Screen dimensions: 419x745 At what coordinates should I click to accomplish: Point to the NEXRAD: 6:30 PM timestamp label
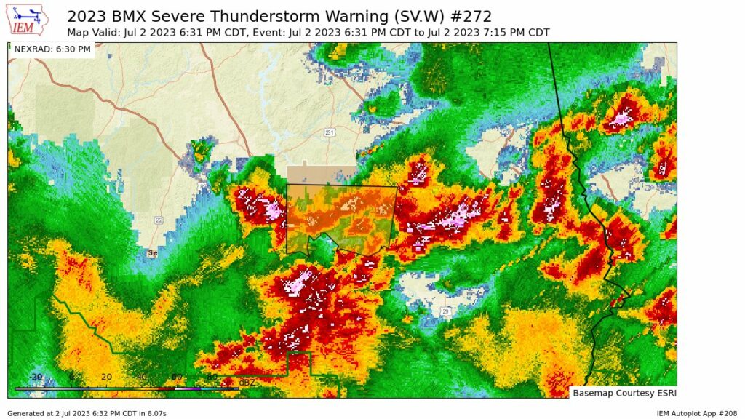pyautogui.click(x=52, y=49)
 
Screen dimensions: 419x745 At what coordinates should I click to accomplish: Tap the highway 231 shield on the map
pyautogui.click(x=330, y=132)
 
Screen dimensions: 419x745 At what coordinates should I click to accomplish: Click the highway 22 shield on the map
pyautogui.click(x=158, y=220)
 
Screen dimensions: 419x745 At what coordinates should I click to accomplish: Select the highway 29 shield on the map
pyautogui.click(x=444, y=311)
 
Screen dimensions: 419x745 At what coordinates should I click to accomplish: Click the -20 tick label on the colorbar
pyautogui.click(x=36, y=377)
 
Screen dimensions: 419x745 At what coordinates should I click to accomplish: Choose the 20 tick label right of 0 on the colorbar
pyautogui.click(x=106, y=377)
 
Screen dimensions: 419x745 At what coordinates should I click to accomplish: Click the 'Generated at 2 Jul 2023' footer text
pyautogui.click(x=87, y=413)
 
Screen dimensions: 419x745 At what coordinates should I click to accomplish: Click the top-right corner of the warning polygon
pyautogui.click(x=397, y=187)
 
